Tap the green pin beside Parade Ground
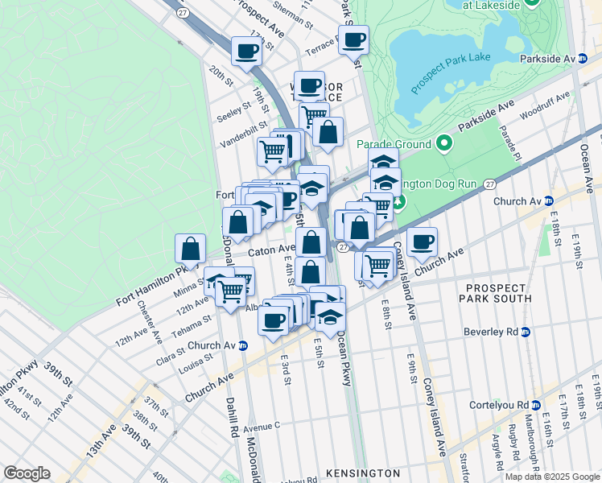[443, 144]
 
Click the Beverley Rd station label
[497, 331]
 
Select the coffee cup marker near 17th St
[247, 51]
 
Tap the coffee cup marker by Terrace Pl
[353, 39]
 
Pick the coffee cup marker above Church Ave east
[422, 241]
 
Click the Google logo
[27, 473]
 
